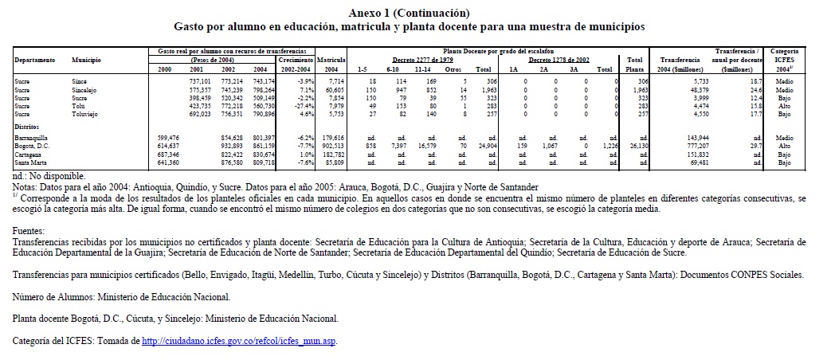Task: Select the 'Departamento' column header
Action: click(34, 61)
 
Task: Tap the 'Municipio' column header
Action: click(85, 61)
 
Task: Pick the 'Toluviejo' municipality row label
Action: click(86, 115)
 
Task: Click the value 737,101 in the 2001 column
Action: click(199, 82)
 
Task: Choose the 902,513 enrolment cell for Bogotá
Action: click(331, 147)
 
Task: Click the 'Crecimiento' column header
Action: click(295, 61)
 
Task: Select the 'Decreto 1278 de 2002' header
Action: click(559, 61)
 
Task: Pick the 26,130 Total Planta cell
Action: click(634, 147)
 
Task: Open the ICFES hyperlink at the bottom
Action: click(238, 342)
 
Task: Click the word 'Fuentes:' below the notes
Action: click(29, 229)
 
